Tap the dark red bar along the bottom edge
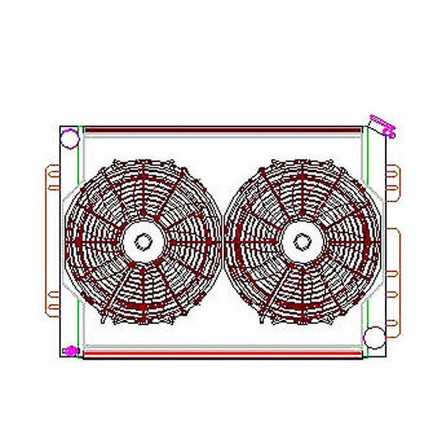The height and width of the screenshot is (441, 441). pyautogui.click(x=221, y=356)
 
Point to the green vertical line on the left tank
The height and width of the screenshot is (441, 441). pyautogui.click(x=80, y=237)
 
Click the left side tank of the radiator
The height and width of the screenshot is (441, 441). pyautogui.click(x=70, y=237)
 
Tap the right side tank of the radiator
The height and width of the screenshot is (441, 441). pyautogui.click(x=376, y=237)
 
